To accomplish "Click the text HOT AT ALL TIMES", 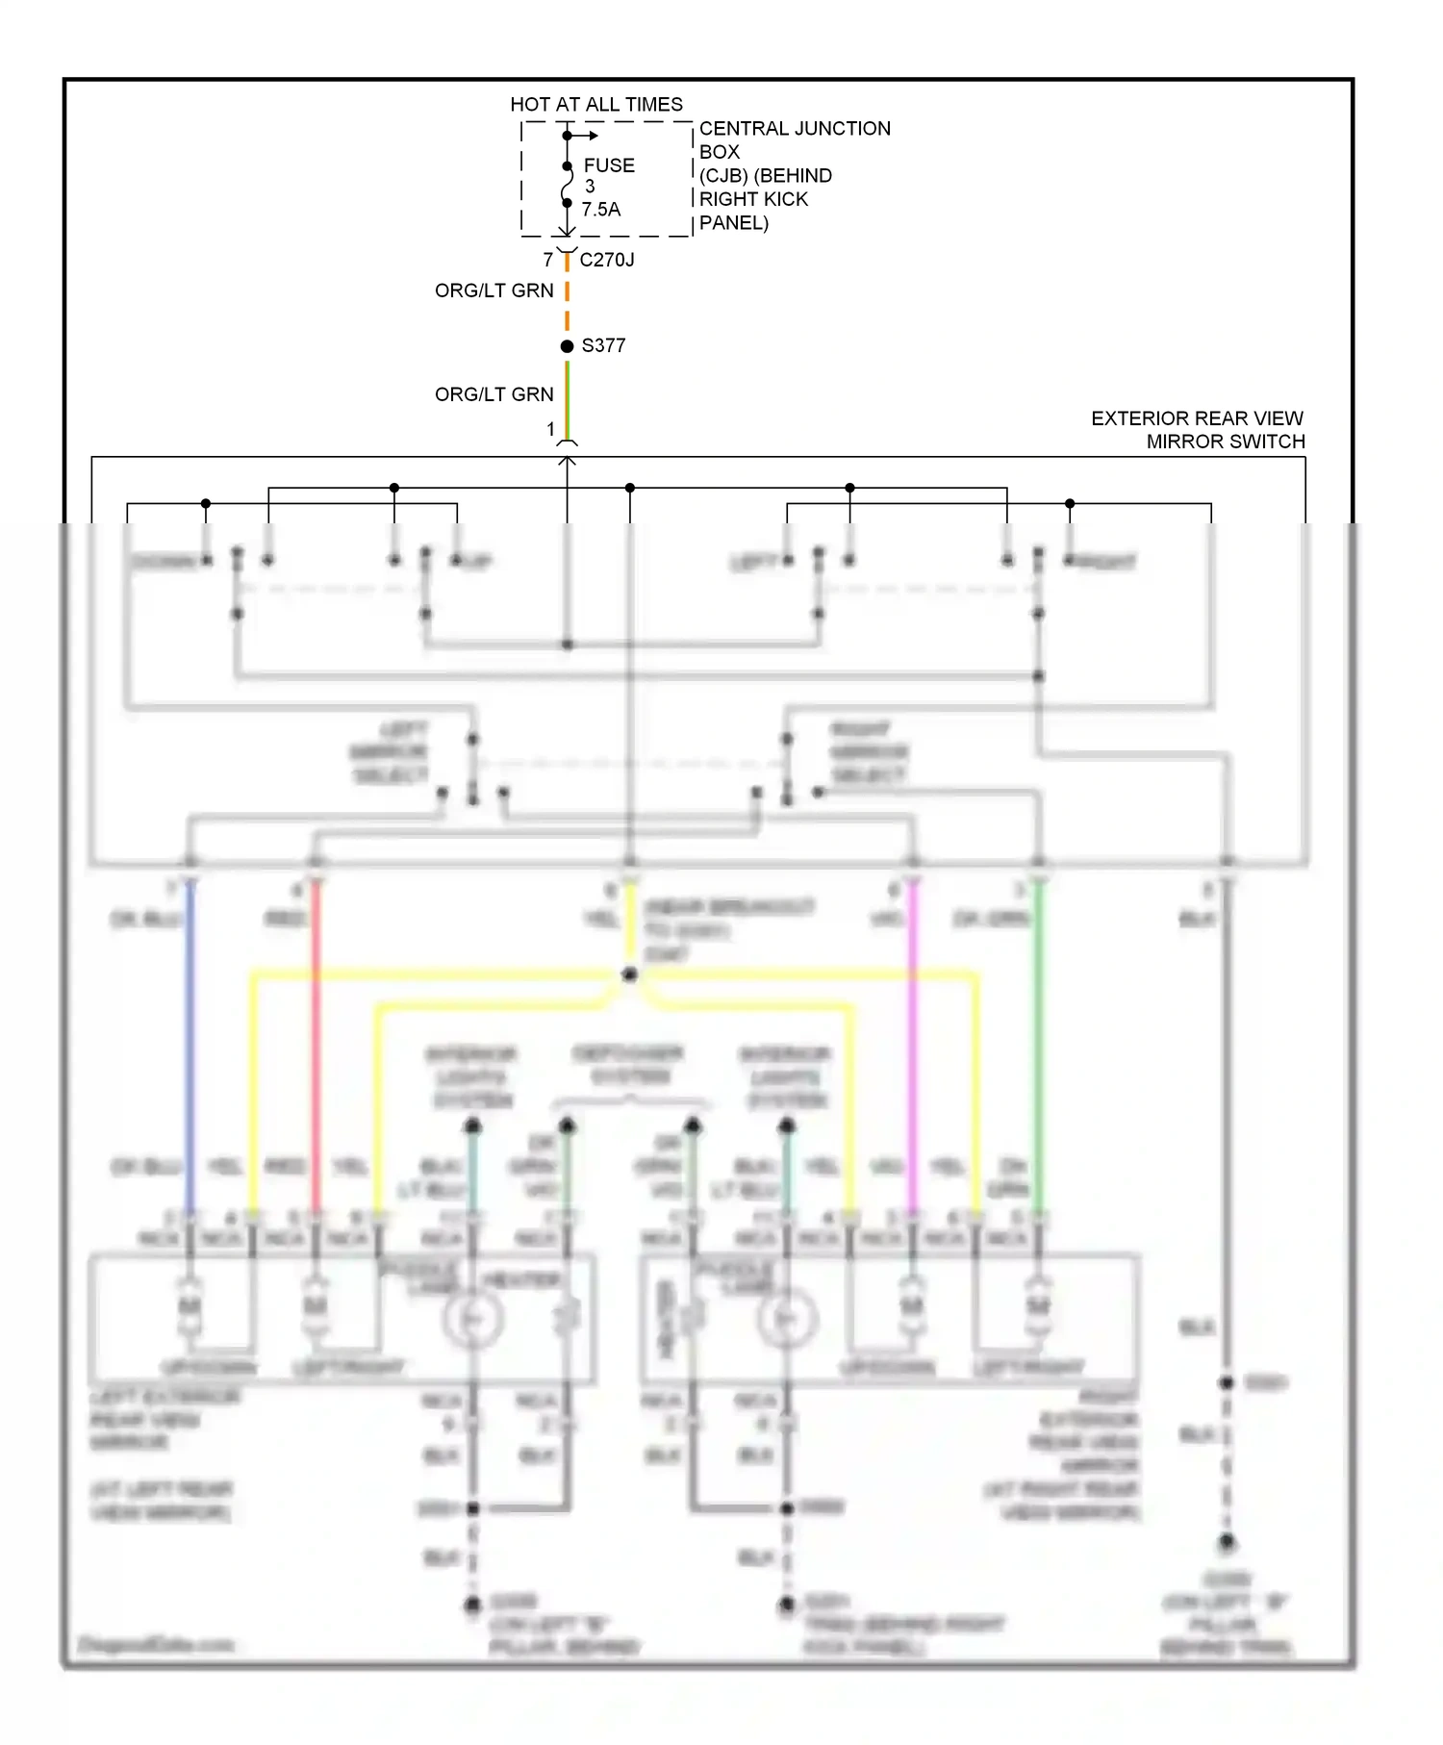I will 596,104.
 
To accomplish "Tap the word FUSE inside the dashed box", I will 609,165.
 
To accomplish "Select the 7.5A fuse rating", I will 601,209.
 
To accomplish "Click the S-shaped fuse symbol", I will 567,185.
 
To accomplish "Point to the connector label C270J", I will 607,260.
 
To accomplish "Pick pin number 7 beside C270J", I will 548,260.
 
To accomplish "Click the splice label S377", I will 604,345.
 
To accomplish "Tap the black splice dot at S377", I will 568,346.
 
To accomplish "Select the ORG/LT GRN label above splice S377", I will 494,291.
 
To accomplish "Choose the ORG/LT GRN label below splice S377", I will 494,394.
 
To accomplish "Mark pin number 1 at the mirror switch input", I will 551,429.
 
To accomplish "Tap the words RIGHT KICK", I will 753,199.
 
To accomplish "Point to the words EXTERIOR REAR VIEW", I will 1197,418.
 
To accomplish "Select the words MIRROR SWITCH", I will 1226,442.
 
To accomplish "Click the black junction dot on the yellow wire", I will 630,974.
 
